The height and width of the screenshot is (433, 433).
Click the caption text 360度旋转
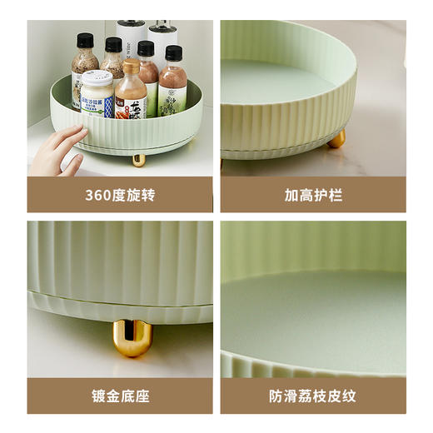[x=120, y=196]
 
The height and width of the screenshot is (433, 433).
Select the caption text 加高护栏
[x=313, y=196]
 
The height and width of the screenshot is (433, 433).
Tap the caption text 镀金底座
[x=120, y=396]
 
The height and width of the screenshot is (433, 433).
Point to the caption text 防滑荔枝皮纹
[x=313, y=396]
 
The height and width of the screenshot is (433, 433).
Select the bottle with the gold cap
[x=131, y=92]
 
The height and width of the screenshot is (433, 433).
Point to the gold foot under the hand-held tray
[x=138, y=159]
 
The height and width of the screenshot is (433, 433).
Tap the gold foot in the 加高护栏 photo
[x=336, y=139]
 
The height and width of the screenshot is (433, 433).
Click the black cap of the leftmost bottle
[x=85, y=40]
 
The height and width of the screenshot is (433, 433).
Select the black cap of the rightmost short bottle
[x=173, y=53]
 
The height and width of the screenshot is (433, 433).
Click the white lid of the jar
[x=97, y=77]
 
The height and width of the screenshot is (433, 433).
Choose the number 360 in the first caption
[x=98, y=196]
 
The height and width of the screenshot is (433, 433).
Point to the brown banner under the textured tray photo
[x=313, y=396]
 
